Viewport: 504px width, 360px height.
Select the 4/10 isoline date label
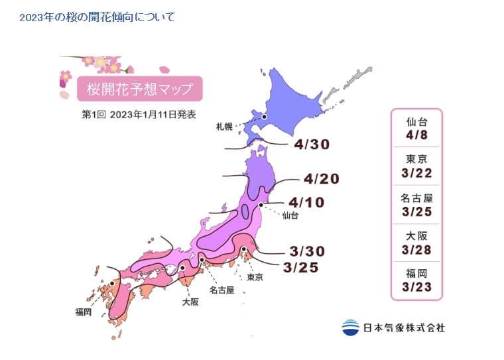pos(306,202)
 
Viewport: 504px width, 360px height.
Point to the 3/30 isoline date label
pos(307,251)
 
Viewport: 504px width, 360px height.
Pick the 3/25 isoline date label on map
pos(300,267)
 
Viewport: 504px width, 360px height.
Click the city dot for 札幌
pos(264,117)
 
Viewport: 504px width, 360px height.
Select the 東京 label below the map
pos(255,277)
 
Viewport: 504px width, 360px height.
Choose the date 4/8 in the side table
pos(416,133)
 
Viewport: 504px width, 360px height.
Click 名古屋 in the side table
pos(416,197)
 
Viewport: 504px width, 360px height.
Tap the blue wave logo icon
pos(350,328)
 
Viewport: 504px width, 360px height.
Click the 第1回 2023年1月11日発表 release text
pos(139,114)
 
